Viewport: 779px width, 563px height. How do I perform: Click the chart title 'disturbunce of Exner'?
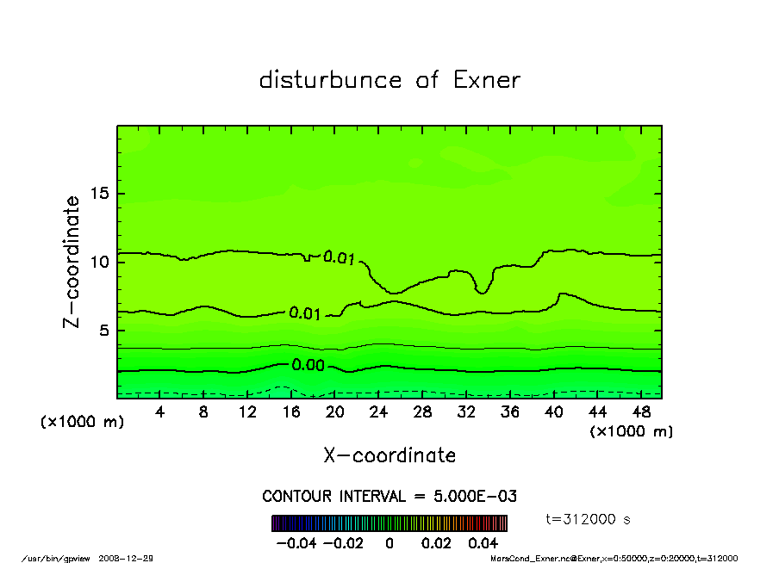coord(389,80)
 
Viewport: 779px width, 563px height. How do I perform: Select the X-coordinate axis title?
coord(389,455)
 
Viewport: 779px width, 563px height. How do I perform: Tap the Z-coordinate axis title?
coord(72,262)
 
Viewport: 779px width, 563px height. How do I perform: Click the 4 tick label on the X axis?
coord(159,412)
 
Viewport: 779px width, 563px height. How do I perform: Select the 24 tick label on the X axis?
coord(378,412)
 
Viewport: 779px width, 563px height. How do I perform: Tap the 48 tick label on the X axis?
coord(641,412)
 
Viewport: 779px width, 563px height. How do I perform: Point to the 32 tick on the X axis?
coord(466,412)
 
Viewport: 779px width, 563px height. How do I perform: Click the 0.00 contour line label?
coord(307,365)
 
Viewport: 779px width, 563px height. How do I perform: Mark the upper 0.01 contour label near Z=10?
coord(339,257)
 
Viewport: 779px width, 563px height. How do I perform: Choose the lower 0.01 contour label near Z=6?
coord(305,313)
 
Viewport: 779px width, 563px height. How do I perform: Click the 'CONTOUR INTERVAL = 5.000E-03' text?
coord(389,497)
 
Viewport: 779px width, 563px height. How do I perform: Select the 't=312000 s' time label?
coord(589,519)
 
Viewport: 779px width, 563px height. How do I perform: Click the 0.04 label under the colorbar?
coord(483,543)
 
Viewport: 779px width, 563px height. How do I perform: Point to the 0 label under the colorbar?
coord(389,543)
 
